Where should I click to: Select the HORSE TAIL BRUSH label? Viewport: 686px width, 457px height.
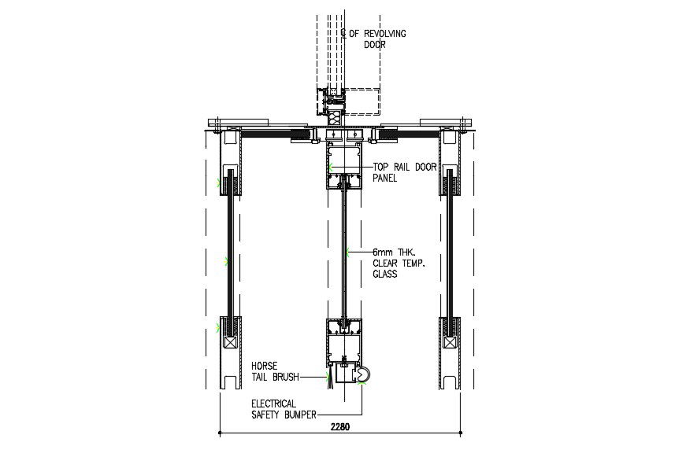pyautogui.click(x=275, y=371)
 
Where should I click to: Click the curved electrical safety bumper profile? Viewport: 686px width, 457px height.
pyautogui.click(x=363, y=376)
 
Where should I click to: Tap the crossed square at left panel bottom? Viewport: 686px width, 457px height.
pyautogui.click(x=229, y=343)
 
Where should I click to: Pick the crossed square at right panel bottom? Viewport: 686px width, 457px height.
pyautogui.click(x=450, y=343)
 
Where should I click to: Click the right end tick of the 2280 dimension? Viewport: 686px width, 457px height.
pyautogui.click(x=461, y=432)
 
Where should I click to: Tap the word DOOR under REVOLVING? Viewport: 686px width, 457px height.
pyautogui.click(x=376, y=45)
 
